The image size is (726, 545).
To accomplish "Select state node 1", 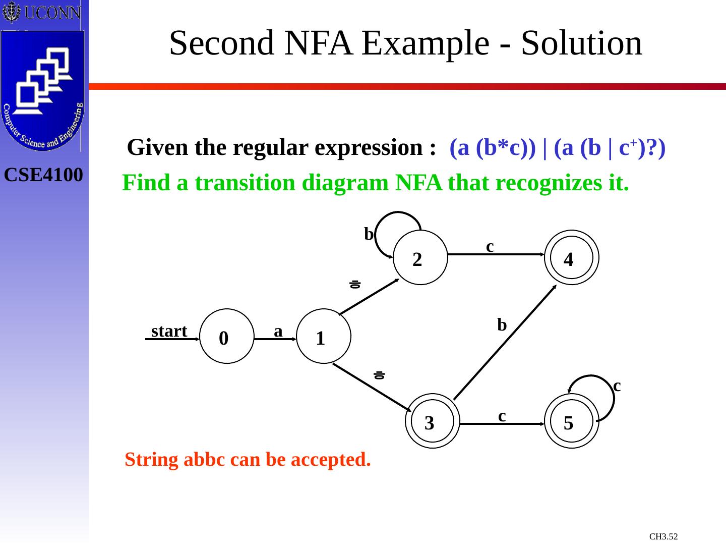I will pos(323,336).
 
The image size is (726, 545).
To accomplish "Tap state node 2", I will pos(420,257).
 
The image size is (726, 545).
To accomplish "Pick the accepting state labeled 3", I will pos(432,421).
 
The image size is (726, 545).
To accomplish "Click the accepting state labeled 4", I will pos(571,257).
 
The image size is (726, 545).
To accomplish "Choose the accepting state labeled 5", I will pos(571,421).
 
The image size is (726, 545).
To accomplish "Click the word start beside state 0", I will pos(169,331).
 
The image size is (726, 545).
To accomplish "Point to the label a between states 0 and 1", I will pos(278,331).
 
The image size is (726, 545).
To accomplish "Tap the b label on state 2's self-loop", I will pos(369,234).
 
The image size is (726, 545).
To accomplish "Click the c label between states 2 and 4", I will pos(490,246).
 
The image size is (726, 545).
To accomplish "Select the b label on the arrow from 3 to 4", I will pos(502,324).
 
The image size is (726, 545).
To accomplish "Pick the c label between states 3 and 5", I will pos(502,415).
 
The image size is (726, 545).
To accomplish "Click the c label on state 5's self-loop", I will pos(617,386).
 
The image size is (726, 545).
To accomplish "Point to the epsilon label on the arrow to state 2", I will pos(355,285).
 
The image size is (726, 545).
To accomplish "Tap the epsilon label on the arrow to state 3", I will pos(379,375).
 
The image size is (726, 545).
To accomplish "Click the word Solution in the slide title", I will pos(582,43).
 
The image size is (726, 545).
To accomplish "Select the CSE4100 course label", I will pos(43,175).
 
